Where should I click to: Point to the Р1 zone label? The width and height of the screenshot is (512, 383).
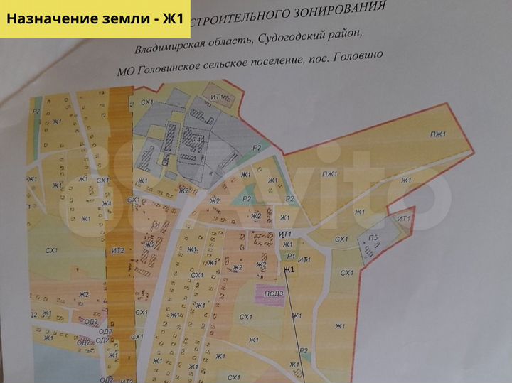tap(290, 255)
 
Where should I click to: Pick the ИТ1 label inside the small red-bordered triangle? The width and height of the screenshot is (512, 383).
tap(405, 219)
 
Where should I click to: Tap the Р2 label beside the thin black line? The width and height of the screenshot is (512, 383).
tap(304, 351)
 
